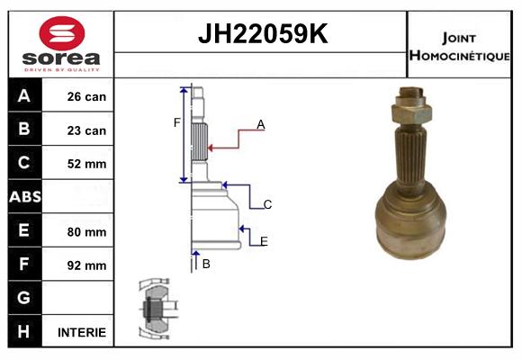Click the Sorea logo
pos(61,44)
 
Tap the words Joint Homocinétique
pos(460,45)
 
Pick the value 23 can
pos(86,130)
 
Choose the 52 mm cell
pos(86,164)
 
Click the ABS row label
pos(24,197)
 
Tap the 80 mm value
pos(86,231)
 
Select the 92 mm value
pos(86,265)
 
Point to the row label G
pos(24,298)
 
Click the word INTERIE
pos(82,332)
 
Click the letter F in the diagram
pos(177,122)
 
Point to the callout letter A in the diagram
pos(261,125)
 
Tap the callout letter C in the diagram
pos(268,205)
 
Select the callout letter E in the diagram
pos(264,241)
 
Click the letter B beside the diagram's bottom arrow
pos(206,264)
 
